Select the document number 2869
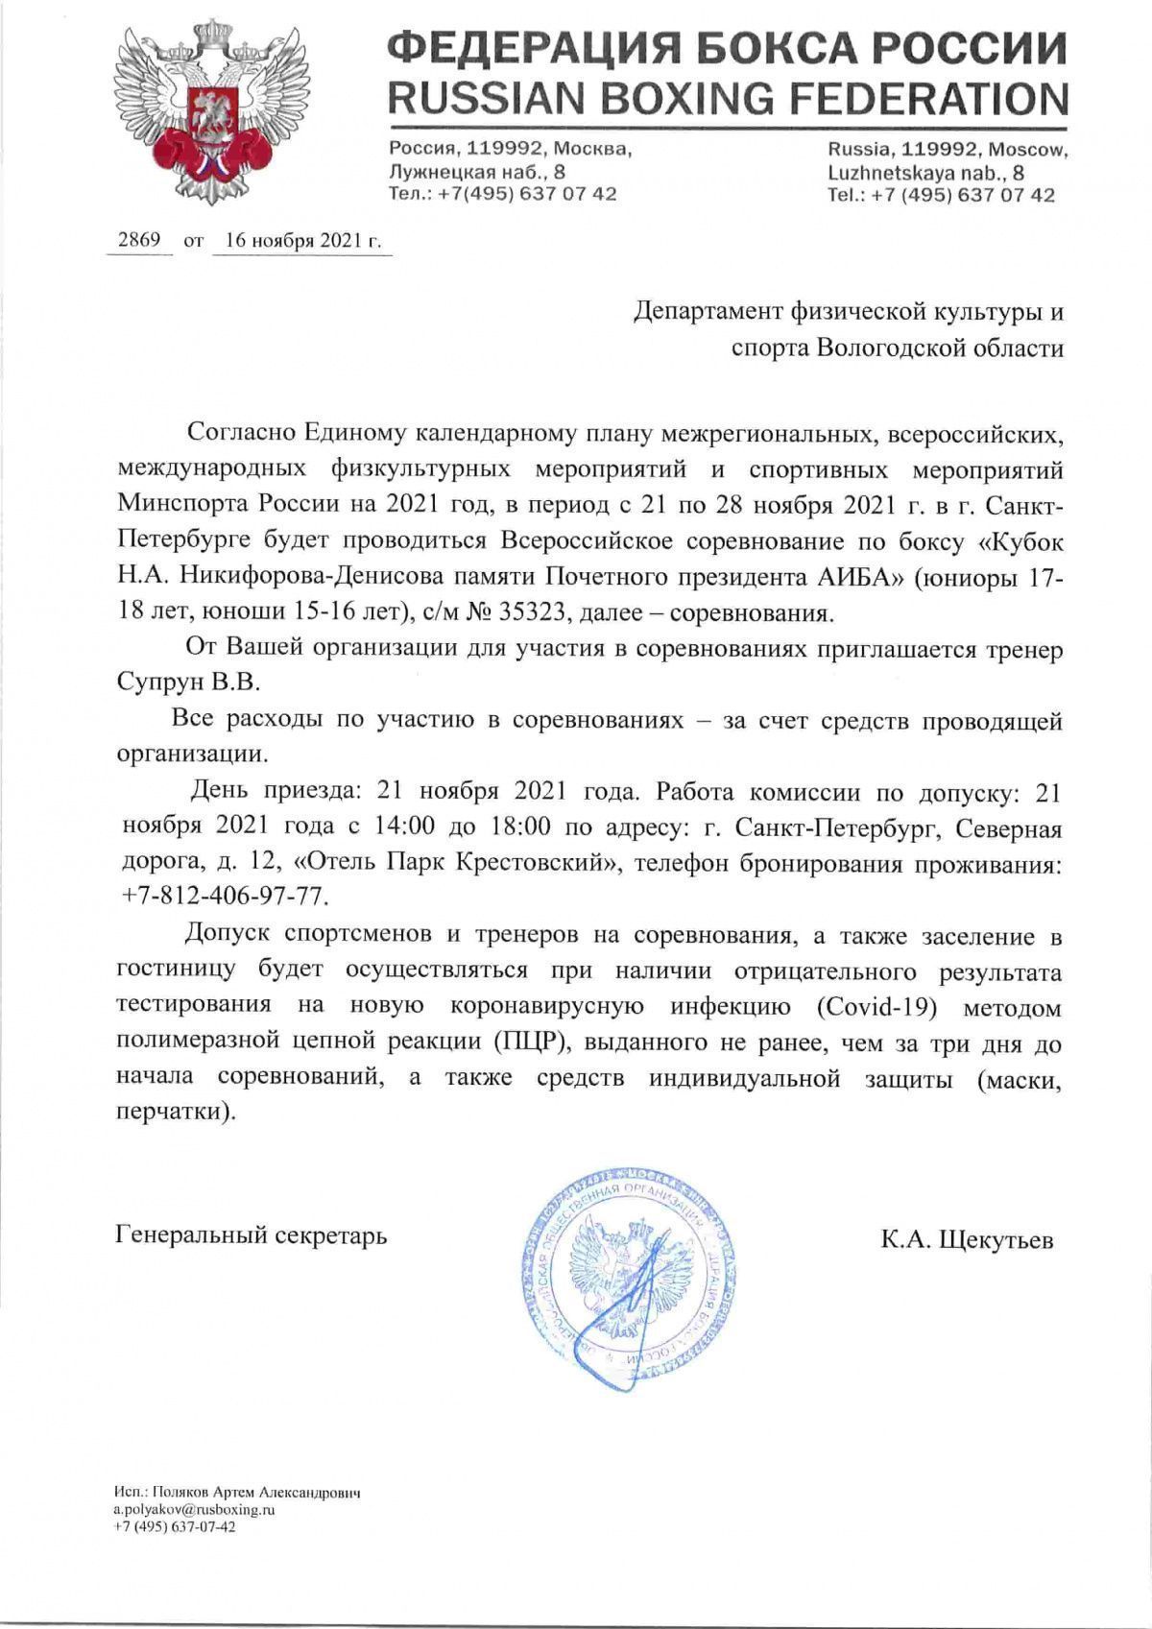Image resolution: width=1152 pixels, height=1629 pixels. [137, 241]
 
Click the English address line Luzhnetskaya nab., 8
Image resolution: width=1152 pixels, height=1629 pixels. [925, 173]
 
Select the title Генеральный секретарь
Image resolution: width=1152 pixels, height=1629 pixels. [252, 1234]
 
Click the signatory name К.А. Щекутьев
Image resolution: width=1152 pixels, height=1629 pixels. [967, 1240]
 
